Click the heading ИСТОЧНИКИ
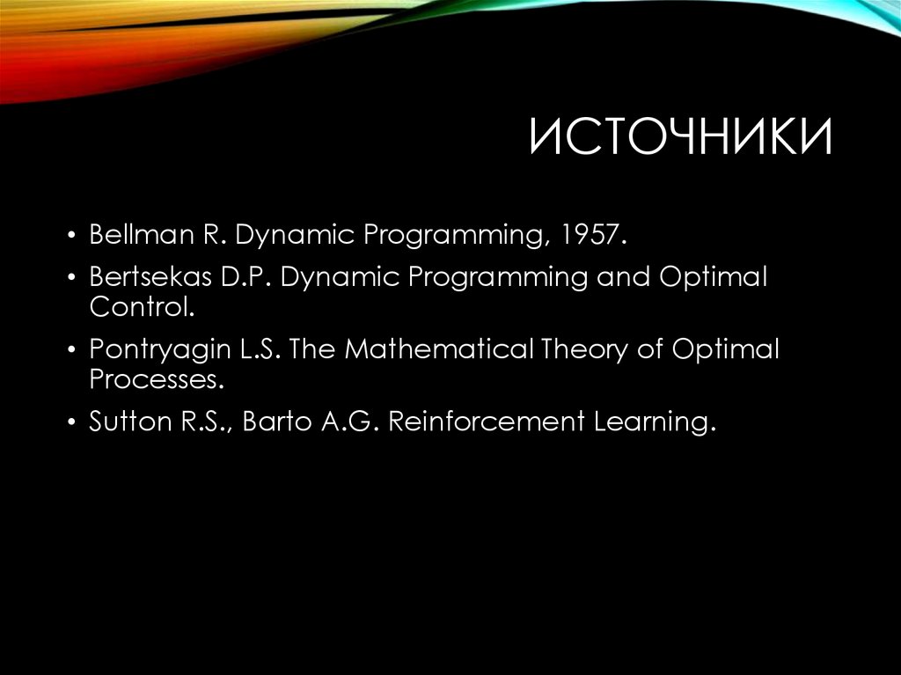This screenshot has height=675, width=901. (x=680, y=140)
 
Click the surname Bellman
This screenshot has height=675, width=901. (x=134, y=235)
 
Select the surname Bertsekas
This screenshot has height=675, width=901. (x=143, y=278)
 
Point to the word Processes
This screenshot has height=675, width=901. (x=151, y=379)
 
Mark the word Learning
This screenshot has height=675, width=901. (x=650, y=422)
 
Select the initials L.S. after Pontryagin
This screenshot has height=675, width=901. (x=259, y=350)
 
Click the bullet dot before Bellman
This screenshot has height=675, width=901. (x=72, y=237)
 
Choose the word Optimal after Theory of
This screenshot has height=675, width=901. (x=726, y=350)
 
